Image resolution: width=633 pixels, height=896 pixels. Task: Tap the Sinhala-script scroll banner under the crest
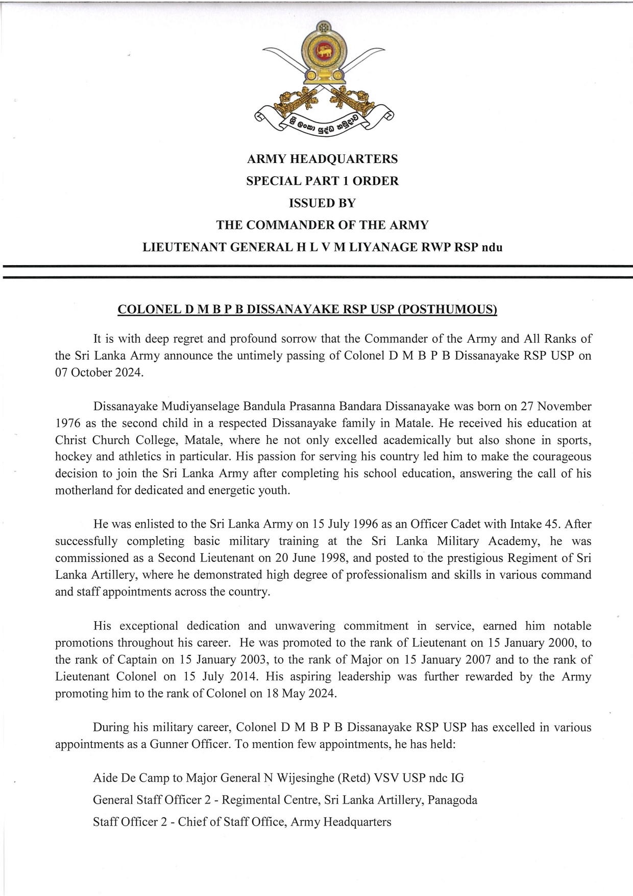click(323, 123)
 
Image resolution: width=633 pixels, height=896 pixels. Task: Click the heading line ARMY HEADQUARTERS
click(322, 159)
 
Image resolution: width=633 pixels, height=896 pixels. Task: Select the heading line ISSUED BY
click(322, 203)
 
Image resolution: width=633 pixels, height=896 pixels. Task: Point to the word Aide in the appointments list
click(106, 778)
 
